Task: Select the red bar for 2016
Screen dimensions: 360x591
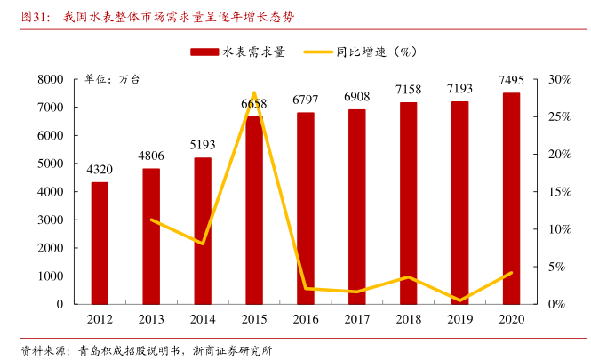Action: coord(305,208)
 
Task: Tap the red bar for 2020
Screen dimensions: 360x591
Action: coord(511,198)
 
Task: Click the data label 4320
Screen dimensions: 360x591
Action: coord(100,170)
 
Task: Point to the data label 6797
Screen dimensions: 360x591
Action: coord(305,100)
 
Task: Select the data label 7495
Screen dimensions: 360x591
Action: coord(511,81)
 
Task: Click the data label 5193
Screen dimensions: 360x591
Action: coord(203,145)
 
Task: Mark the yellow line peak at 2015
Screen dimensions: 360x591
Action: coord(253,93)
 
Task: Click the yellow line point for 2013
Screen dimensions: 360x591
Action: coord(151,220)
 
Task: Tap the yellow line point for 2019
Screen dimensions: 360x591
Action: coord(459,300)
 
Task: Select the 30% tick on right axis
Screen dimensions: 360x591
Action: coord(558,79)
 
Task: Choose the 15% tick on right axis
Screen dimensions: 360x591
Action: coord(558,191)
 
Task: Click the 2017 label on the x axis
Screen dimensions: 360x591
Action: coord(356,318)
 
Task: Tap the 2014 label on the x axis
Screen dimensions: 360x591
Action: coord(203,318)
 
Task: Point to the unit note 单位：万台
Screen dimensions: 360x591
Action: coord(112,79)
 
